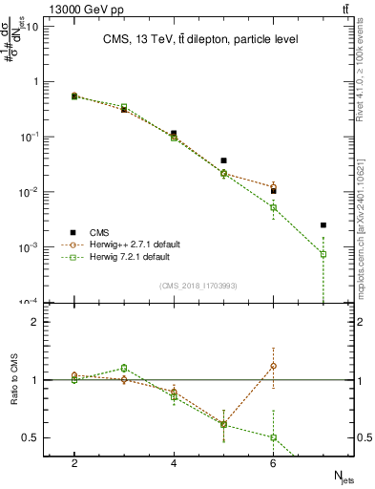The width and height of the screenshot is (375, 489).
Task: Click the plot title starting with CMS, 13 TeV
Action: tap(199, 39)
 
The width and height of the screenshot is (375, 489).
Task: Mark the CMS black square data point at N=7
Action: tap(323, 225)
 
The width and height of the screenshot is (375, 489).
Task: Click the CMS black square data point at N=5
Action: tap(223, 160)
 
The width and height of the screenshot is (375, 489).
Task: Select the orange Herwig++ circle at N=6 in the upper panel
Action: tap(273, 187)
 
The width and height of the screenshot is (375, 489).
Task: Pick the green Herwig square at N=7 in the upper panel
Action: tap(323, 254)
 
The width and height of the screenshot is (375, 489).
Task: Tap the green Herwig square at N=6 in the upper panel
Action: tap(273, 207)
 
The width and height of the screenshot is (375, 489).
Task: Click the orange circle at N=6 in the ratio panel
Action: tap(273, 366)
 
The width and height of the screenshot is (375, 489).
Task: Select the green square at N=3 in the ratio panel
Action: tap(124, 368)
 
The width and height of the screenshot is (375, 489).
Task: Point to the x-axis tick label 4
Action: tap(174, 462)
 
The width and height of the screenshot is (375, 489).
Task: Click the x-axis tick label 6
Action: tap(273, 462)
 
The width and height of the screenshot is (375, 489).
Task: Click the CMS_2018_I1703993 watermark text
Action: tap(199, 286)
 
